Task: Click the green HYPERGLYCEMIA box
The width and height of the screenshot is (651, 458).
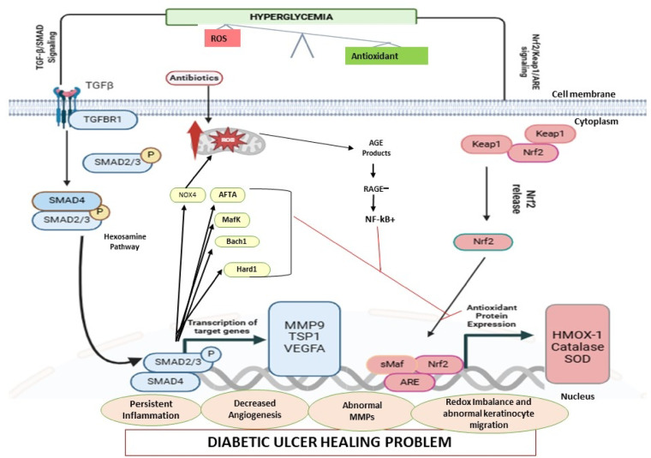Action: coord(291,16)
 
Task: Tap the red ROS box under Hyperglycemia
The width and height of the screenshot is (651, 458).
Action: coord(222,39)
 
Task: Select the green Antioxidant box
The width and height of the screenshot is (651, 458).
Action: coord(386,56)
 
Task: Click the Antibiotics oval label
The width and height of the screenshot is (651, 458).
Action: coord(194,78)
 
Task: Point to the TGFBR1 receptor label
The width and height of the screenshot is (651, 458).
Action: coord(103,120)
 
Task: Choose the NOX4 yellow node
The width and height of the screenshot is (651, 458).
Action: coord(188,195)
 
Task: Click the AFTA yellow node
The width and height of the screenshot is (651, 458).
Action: coord(228,194)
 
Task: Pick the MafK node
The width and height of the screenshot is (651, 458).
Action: coord(231,219)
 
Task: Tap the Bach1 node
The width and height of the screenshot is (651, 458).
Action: coord(236,241)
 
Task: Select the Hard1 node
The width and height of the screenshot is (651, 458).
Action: coord(247,270)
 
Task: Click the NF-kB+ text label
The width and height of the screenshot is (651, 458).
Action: coord(379,219)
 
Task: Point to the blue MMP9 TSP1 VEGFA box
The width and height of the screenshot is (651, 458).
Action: coord(304,338)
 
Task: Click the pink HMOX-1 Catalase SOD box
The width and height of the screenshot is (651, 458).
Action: coord(577,344)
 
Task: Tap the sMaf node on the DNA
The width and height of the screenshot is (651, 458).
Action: coord(391,364)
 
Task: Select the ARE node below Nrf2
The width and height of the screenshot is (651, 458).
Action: coord(409,382)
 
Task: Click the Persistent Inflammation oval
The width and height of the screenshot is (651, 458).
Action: coord(151,409)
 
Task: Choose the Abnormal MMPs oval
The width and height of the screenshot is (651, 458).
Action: coord(362,411)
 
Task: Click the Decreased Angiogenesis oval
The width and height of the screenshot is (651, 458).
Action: coord(255,408)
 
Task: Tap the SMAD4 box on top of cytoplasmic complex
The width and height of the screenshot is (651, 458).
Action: coord(67,200)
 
